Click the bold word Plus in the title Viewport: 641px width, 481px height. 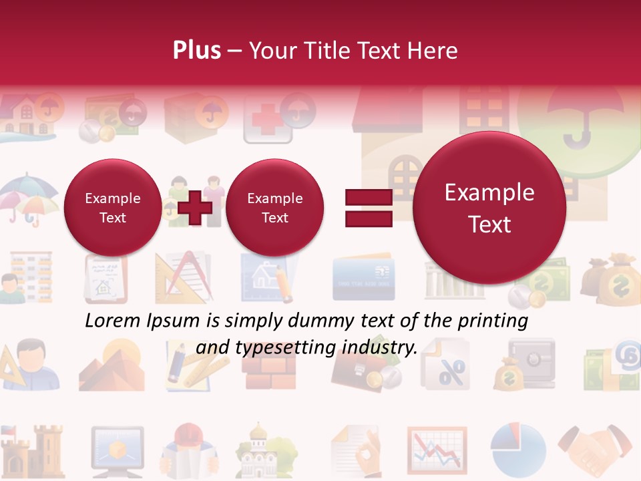[196, 51]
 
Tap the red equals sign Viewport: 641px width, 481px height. [368, 208]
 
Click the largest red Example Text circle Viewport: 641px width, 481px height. [489, 208]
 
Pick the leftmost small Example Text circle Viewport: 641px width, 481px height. [112, 208]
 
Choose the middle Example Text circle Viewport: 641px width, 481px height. [274, 208]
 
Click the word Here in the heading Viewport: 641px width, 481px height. [434, 51]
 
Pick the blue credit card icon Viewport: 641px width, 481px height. [364, 277]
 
